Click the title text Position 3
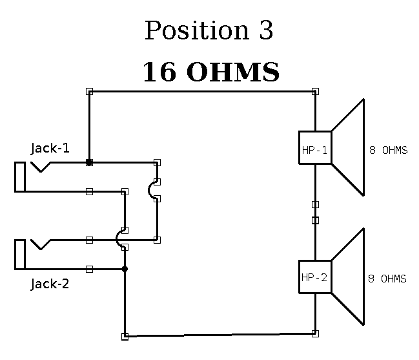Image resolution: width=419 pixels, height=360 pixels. (209, 30)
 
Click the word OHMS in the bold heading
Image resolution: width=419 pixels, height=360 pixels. (232, 72)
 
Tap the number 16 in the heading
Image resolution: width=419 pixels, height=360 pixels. (159, 72)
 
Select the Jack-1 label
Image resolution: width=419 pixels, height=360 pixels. (50, 148)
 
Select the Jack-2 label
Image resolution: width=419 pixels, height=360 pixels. (50, 283)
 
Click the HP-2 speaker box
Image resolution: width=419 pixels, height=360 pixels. (315, 277)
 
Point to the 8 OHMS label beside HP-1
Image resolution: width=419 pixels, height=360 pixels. (388, 151)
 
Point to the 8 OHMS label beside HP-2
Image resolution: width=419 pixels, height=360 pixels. (387, 279)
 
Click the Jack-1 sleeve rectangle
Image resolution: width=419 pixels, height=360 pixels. (20, 177)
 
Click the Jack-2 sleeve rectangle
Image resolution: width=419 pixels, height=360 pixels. (20, 255)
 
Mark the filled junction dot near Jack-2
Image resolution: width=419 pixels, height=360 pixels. (125, 269)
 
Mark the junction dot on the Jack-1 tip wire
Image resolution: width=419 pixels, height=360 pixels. (89, 163)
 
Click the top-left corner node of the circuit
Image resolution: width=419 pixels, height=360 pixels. (89, 92)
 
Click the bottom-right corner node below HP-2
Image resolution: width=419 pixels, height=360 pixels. (315, 334)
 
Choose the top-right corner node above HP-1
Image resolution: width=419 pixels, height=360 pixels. (315, 92)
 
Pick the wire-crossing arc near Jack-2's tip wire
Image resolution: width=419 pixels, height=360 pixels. (119, 239)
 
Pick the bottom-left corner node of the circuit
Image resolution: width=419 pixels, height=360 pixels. (125, 336)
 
